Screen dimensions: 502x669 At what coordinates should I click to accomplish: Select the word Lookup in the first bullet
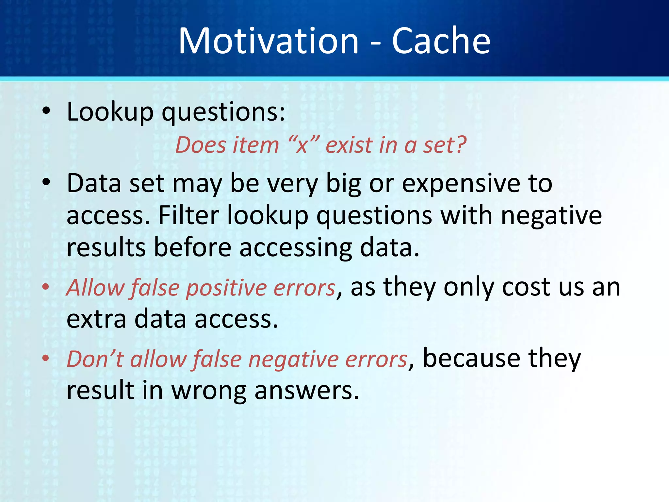click(110, 112)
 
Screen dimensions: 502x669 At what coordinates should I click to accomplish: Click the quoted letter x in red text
click(302, 145)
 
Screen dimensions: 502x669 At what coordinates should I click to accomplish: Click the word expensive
click(460, 184)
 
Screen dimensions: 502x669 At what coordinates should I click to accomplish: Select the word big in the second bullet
click(343, 184)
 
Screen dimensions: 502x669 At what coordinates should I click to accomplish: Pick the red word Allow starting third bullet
click(95, 288)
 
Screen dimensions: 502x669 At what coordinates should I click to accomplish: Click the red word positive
click(227, 288)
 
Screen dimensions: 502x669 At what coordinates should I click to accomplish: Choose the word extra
click(96, 319)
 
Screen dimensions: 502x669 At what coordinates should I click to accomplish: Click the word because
click(471, 359)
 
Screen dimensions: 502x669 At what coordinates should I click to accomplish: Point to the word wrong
click(209, 391)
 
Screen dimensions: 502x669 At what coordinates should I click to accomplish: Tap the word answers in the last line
click(306, 391)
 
